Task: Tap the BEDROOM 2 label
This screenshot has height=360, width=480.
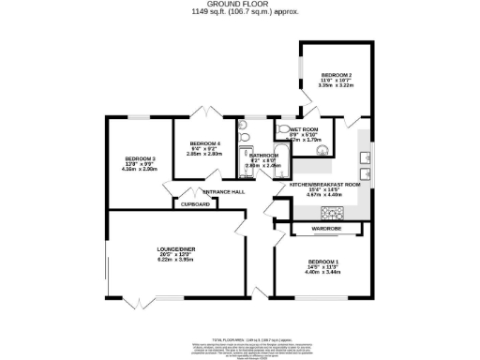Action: pos(336,75)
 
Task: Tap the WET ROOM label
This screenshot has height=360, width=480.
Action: pos(306,129)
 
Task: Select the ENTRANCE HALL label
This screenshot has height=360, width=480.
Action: pos(224,191)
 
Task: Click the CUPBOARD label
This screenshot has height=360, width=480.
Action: pos(195,203)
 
